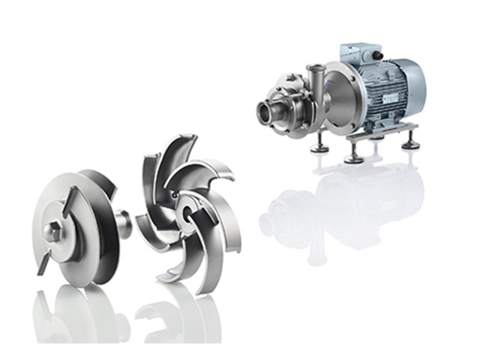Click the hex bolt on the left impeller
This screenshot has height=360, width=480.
pyautogui.click(x=54, y=228)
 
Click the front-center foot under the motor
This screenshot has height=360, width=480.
pyautogui.click(x=352, y=157)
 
